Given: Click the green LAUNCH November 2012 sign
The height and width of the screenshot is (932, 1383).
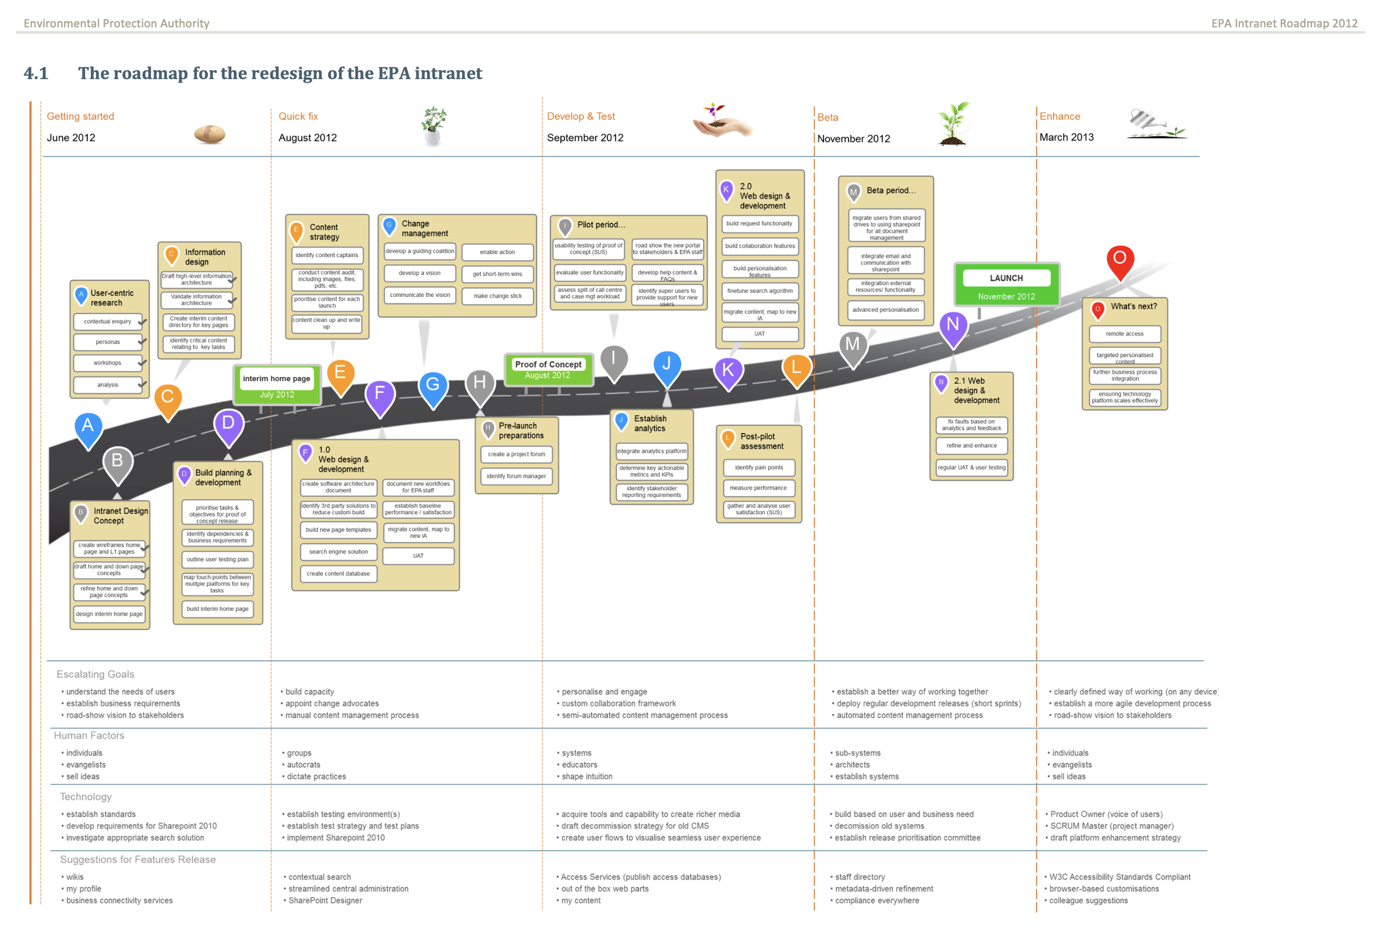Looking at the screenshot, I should pyautogui.click(x=1006, y=285).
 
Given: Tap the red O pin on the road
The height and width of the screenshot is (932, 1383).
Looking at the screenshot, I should pyautogui.click(x=1120, y=260).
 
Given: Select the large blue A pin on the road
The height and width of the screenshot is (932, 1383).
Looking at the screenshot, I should pyautogui.click(x=88, y=428).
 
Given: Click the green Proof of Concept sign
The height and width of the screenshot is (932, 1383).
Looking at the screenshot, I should pyautogui.click(x=548, y=369).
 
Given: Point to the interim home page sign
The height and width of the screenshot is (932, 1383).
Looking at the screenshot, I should pyautogui.click(x=277, y=385).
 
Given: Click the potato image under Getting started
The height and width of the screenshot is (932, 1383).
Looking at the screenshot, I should pyautogui.click(x=209, y=134).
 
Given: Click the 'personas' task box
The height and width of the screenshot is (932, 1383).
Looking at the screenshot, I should pyautogui.click(x=108, y=342).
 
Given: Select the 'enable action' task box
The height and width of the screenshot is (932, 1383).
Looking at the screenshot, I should pyautogui.click(x=497, y=252).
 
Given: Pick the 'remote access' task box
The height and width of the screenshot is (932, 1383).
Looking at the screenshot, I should pyautogui.click(x=1124, y=333).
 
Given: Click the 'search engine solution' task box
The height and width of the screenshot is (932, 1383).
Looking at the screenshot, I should pyautogui.click(x=339, y=552).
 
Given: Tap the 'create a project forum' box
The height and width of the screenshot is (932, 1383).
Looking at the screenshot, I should pyautogui.click(x=516, y=454).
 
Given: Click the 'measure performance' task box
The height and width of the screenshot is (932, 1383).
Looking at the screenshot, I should pyautogui.click(x=758, y=488).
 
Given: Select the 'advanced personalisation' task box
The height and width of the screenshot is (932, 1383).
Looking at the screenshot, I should pyautogui.click(x=885, y=310).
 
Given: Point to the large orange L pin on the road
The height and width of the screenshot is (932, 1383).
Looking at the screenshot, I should pyautogui.click(x=797, y=369).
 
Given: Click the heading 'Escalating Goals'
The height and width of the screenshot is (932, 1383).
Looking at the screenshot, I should pyautogui.click(x=95, y=674).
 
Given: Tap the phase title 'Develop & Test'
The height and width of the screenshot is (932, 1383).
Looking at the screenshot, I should pyautogui.click(x=580, y=117).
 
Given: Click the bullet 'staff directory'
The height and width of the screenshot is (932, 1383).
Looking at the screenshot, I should pyautogui.click(x=860, y=877).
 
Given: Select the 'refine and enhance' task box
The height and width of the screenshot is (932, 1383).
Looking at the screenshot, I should pyautogui.click(x=971, y=445).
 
